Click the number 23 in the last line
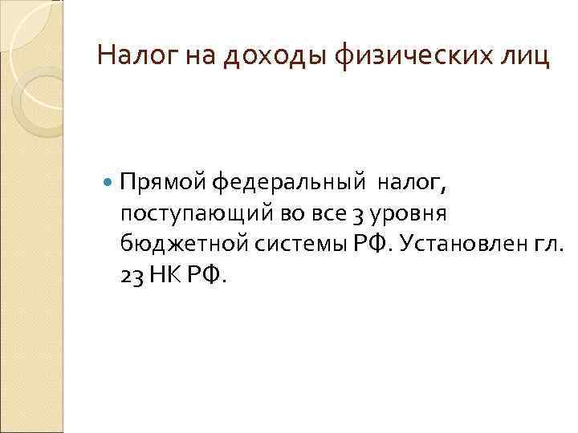point(131,275)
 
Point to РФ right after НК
point(208,275)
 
